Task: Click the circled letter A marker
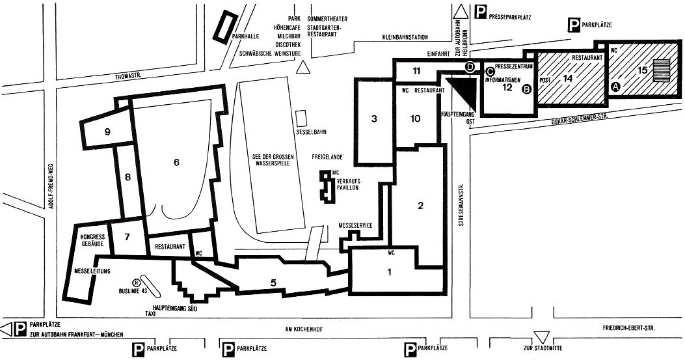615,87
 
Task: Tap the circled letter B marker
527,89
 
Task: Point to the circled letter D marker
470,67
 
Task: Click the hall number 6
176,162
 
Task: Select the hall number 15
642,70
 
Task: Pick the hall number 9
107,132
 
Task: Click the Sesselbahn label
311,132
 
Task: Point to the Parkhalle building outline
226,27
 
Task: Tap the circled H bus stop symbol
137,282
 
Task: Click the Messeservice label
356,225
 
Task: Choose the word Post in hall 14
545,81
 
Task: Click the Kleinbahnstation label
405,37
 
